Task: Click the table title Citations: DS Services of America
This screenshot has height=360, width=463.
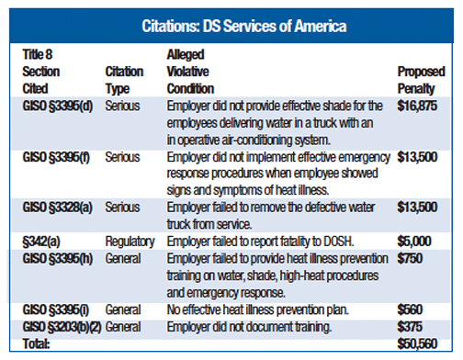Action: pos(231,22)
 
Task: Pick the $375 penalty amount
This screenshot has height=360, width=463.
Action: pos(410,327)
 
